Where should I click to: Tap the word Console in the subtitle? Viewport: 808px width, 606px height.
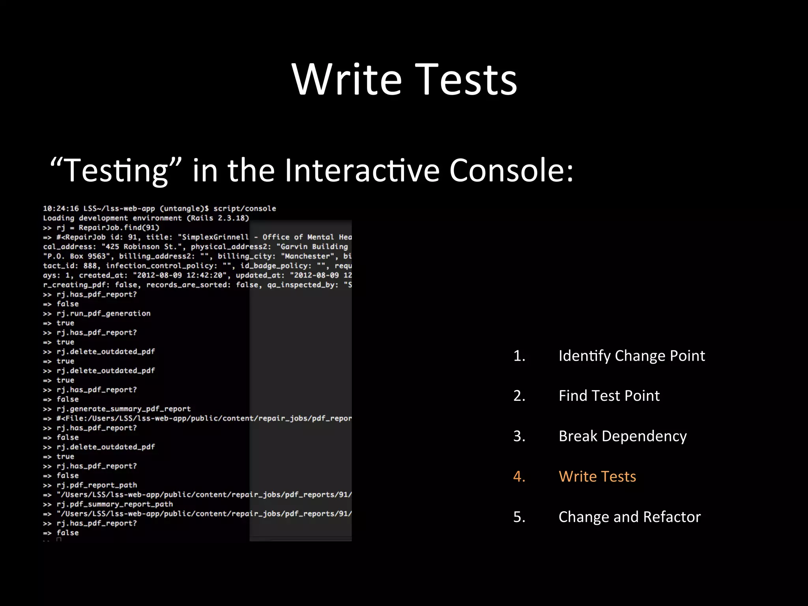511,170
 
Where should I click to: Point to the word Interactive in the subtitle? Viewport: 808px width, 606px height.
362,170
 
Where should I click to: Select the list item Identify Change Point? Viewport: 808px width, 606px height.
631,356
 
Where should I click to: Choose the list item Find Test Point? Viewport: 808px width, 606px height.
609,396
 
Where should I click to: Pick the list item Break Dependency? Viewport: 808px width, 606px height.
623,436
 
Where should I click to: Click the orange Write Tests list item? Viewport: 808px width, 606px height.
597,476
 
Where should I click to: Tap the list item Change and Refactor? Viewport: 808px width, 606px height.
629,517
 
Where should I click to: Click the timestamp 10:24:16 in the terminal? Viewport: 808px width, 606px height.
61,208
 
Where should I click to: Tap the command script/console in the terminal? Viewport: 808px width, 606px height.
245,208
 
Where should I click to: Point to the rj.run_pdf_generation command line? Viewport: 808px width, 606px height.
103,314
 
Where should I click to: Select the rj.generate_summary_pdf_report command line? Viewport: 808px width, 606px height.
123,409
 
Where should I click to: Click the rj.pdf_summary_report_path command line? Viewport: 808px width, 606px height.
114,504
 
